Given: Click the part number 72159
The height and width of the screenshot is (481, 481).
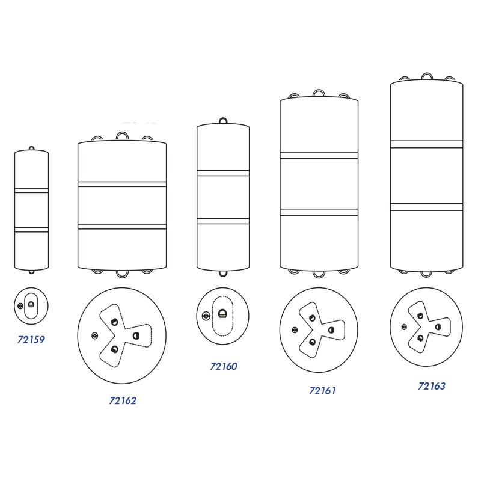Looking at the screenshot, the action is pyautogui.click(x=31, y=340).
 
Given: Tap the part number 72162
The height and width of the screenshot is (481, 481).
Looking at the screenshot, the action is pyautogui.click(x=123, y=400).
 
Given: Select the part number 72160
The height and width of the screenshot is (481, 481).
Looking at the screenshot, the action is pyautogui.click(x=224, y=366).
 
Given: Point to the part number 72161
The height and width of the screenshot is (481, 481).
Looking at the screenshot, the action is pyautogui.click(x=322, y=391).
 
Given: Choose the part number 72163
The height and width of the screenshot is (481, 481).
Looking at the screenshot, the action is pyautogui.click(x=432, y=386).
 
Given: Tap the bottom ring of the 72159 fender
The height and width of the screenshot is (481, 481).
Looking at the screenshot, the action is pyautogui.click(x=31, y=273).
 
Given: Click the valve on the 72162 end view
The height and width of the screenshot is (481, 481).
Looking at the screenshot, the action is pyautogui.click(x=95, y=336).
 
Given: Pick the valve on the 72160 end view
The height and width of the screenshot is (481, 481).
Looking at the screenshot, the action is pyautogui.click(x=206, y=316).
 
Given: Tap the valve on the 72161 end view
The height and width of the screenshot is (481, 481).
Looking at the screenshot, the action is pyautogui.click(x=295, y=330).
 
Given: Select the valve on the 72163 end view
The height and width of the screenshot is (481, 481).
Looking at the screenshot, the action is pyautogui.click(x=404, y=327).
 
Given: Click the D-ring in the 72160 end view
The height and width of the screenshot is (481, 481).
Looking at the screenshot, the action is pyautogui.click(x=222, y=314).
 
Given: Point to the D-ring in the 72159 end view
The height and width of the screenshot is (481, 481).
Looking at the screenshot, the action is pyautogui.click(x=31, y=305).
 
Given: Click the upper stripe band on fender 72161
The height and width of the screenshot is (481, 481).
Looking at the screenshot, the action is pyautogui.click(x=319, y=155).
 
